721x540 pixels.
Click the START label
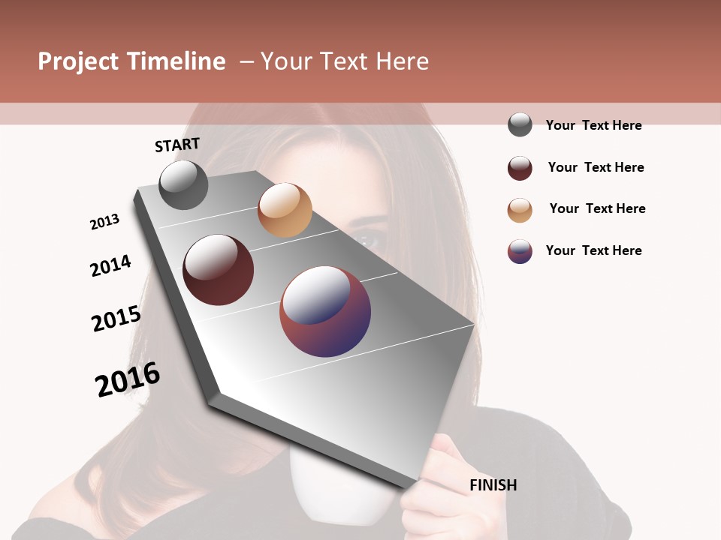(177, 145)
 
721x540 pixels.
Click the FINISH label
(493, 485)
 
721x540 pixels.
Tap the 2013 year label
(104, 222)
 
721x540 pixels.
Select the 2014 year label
(110, 265)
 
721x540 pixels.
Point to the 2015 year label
(116, 319)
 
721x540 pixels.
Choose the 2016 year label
(128, 379)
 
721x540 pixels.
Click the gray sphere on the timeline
(183, 184)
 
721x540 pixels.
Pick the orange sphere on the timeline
(285, 209)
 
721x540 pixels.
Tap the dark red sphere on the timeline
(218, 270)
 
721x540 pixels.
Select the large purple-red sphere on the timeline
(325, 310)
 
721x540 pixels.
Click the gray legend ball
(520, 125)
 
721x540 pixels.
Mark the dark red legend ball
(520, 168)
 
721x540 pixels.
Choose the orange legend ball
(520, 210)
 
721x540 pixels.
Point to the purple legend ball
(520, 251)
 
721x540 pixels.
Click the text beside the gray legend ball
(593, 125)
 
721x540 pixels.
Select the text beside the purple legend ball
(593, 250)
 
